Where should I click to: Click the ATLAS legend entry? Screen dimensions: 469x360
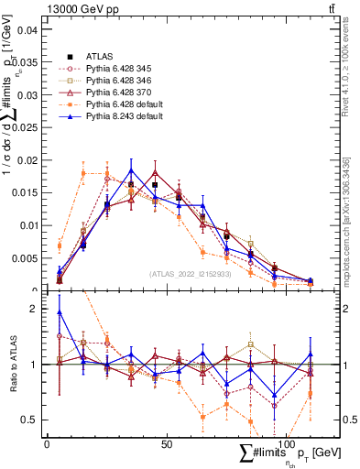(x=98, y=57)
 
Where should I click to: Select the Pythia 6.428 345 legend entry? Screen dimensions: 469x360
(x=118, y=69)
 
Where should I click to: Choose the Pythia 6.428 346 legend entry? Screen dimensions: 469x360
(x=118, y=81)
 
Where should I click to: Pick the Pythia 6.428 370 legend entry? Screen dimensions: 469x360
(x=118, y=93)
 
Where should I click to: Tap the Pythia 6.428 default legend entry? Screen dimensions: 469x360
(x=123, y=104)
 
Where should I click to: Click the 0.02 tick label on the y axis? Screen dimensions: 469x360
(x=28, y=160)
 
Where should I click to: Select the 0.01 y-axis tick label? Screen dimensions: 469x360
(x=28, y=225)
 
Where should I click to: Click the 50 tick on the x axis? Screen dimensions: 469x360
(x=166, y=443)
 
